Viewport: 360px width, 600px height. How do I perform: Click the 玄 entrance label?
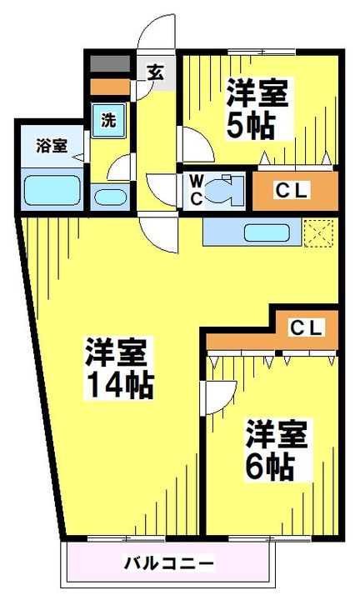(156, 72)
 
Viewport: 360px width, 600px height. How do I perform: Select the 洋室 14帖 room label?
(118, 367)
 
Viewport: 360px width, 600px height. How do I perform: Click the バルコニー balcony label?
(170, 563)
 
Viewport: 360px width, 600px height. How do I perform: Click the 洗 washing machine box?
(109, 118)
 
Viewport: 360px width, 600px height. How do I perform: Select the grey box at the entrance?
(109, 63)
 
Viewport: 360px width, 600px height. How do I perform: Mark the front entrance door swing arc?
(156, 33)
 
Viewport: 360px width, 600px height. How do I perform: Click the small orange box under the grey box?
(109, 85)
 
